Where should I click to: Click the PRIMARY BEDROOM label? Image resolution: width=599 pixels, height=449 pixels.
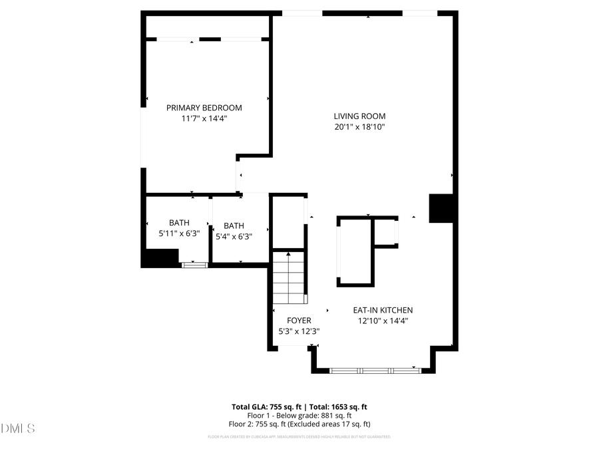204,108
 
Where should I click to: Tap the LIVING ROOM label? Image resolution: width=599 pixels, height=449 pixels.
359,116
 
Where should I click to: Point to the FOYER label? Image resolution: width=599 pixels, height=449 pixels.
299,321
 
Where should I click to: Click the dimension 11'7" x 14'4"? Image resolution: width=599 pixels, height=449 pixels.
204,118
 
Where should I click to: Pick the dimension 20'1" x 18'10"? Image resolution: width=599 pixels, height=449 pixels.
359,126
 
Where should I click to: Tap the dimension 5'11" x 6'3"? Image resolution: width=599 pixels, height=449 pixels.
179,233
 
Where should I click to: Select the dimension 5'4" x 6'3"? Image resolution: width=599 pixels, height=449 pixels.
234,236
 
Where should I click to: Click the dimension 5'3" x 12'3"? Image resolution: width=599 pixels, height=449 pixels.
299,331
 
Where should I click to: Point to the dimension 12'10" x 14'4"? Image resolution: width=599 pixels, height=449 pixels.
383,321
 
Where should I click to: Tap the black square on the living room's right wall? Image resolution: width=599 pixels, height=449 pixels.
441,208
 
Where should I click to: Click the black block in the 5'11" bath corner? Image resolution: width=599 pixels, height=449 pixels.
160,257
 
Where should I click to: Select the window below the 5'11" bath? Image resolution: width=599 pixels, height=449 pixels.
195,265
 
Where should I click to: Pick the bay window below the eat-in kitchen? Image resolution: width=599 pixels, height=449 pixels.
375,370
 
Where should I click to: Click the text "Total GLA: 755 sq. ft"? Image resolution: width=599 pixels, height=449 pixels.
267,406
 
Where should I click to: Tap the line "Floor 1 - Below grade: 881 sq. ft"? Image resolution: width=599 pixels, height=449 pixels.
299,415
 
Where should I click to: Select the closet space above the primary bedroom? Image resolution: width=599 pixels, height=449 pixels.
208,26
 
